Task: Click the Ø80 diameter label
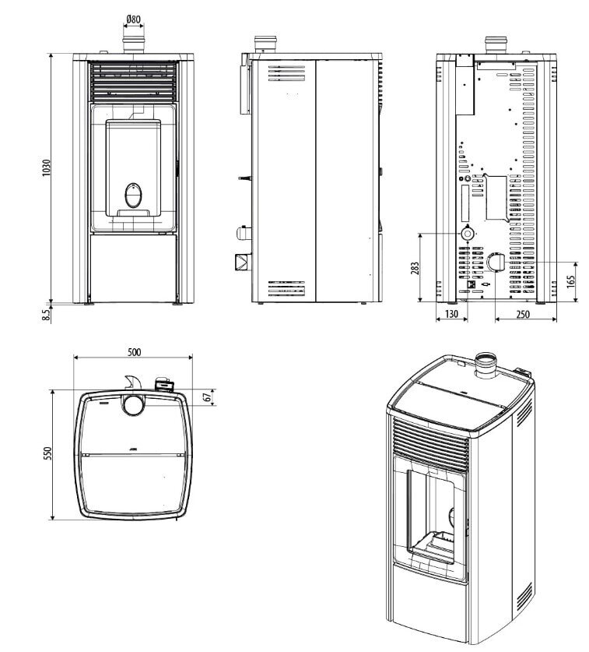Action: tap(132, 19)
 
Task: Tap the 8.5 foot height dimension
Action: tap(46, 314)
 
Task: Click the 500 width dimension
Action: tap(133, 351)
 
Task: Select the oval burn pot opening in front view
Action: tap(134, 192)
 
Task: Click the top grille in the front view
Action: tap(133, 81)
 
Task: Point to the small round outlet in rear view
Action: tap(468, 233)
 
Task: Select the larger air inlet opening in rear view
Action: tap(496, 263)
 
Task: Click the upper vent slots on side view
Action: tap(287, 73)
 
